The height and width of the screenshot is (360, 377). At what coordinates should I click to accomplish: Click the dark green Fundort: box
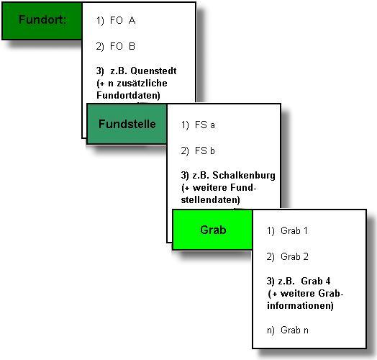tap(42, 21)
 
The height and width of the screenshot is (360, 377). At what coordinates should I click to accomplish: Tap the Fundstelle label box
tap(127, 124)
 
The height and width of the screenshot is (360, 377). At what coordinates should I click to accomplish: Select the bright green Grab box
tap(212, 230)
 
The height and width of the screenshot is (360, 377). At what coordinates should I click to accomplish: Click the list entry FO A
tap(122, 20)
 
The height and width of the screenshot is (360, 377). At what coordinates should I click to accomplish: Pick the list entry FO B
tap(122, 46)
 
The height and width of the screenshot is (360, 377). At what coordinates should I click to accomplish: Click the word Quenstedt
tap(153, 71)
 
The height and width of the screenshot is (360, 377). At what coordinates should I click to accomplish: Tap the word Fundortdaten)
tap(128, 95)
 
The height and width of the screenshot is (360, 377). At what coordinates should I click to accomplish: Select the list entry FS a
tap(205, 125)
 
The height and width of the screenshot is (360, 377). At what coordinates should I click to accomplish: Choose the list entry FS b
tap(205, 151)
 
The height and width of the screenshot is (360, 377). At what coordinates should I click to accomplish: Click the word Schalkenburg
tap(244, 176)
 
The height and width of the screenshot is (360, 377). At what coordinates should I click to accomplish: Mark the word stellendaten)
tap(210, 200)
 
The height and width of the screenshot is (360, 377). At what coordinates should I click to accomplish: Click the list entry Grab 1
tap(294, 231)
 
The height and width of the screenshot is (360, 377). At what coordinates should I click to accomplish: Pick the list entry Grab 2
tap(294, 256)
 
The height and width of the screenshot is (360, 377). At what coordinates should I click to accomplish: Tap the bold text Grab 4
tap(315, 281)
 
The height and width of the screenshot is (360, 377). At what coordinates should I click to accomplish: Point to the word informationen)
tap(300, 305)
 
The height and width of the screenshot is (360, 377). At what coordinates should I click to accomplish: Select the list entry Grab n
tap(294, 330)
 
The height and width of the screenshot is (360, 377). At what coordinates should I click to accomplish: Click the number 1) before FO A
tap(100, 21)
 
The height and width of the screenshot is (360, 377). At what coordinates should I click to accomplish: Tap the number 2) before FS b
tap(185, 151)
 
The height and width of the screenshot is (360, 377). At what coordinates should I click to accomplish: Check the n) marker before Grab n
tap(271, 330)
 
